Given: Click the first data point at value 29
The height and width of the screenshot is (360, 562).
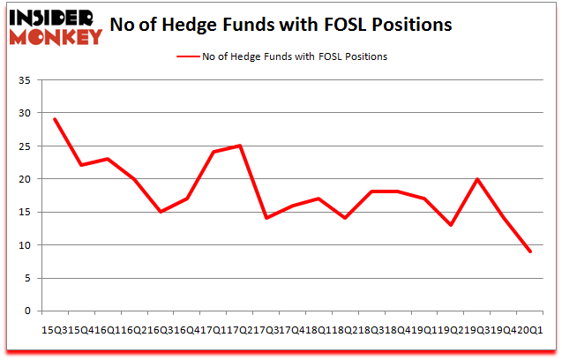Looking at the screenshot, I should [x=55, y=119].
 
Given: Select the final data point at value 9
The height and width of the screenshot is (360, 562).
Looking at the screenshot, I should [x=529, y=251].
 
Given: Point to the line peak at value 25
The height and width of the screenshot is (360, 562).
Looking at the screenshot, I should [x=240, y=146].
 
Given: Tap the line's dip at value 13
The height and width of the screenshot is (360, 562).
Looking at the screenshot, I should [x=451, y=225].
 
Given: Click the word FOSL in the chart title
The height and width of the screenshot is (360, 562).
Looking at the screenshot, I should [x=333, y=24].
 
